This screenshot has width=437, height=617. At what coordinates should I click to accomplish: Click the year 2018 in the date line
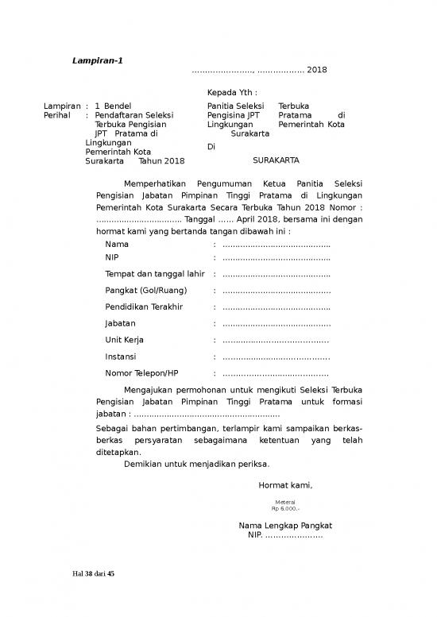click(x=316, y=70)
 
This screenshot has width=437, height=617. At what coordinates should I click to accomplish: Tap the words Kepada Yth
click(x=231, y=92)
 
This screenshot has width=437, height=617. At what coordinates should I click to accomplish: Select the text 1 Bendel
click(x=113, y=106)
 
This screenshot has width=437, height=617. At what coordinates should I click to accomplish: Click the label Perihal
click(x=59, y=115)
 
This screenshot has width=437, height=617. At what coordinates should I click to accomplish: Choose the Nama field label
click(x=117, y=245)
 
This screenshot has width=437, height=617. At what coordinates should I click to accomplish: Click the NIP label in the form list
click(x=113, y=257)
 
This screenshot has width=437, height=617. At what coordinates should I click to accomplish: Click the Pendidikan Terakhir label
click(x=144, y=307)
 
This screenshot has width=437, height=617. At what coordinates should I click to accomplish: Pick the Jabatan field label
click(x=120, y=323)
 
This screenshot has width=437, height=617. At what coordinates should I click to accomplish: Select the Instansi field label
click(x=121, y=357)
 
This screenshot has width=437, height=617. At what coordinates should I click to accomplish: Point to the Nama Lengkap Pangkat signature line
click(x=285, y=526)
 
